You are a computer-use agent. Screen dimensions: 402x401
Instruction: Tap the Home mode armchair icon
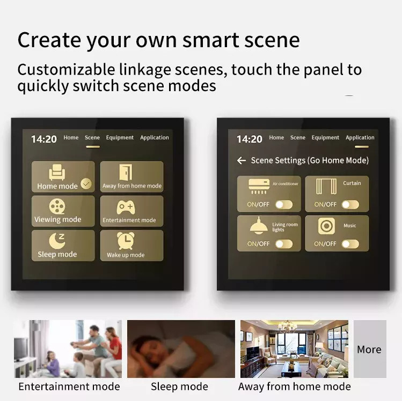pyautogui.click(x=57, y=172)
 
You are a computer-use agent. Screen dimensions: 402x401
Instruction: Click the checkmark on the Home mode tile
pyautogui.click(x=86, y=183)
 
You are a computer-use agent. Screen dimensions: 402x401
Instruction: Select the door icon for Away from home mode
pyautogui.click(x=126, y=172)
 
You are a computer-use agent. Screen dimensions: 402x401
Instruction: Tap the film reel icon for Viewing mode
pyautogui.click(x=57, y=206)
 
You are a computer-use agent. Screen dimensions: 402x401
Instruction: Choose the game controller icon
pyautogui.click(x=126, y=207)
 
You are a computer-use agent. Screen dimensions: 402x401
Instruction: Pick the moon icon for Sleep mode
pyautogui.click(x=57, y=241)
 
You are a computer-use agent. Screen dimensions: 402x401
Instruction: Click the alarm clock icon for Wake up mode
pyautogui.click(x=126, y=241)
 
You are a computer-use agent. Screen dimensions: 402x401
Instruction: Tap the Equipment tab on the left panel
pyautogui.click(x=120, y=137)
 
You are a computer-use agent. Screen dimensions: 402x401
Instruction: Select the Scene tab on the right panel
pyautogui.click(x=298, y=137)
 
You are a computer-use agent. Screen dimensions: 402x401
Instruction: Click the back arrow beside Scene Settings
pyautogui.click(x=241, y=160)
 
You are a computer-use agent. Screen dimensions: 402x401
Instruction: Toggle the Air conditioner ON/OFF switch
pyautogui.click(x=284, y=204)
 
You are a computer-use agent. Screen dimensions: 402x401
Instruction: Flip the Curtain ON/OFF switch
pyautogui.click(x=350, y=204)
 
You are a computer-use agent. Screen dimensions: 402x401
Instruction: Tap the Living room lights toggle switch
pyautogui.click(x=284, y=244)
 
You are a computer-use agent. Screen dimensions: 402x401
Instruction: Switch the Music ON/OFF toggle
pyautogui.click(x=350, y=244)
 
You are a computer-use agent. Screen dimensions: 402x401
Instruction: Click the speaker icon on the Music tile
pyautogui.click(x=326, y=226)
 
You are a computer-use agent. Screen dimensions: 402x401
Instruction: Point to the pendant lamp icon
pyautogui.click(x=259, y=226)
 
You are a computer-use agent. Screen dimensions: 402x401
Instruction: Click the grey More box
pyautogui.click(x=370, y=349)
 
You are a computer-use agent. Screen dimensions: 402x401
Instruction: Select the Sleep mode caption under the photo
pyautogui.click(x=179, y=387)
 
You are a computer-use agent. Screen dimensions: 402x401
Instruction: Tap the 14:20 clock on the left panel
pyautogui.click(x=44, y=139)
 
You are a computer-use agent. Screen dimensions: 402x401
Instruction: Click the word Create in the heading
pyautogui.click(x=49, y=40)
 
